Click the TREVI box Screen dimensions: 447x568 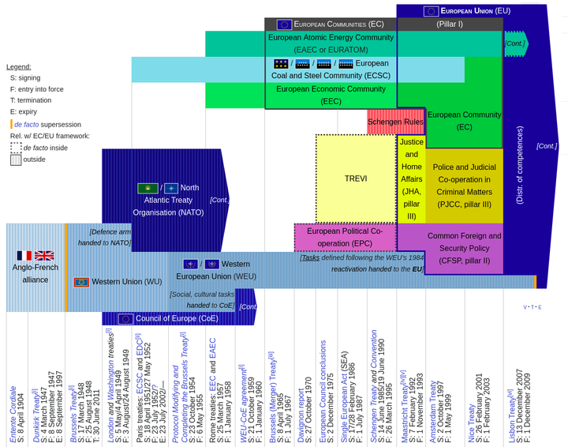(x=355, y=178)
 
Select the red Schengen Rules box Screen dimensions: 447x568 (x=396, y=122)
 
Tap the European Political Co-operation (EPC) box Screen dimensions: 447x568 (x=345, y=237)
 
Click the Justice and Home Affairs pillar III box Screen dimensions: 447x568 (x=410, y=178)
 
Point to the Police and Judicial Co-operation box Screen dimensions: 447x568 (x=465, y=186)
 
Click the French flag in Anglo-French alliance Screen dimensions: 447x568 (x=24, y=256)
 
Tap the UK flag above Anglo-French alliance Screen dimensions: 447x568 (x=44, y=256)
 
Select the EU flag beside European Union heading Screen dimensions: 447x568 (x=431, y=11)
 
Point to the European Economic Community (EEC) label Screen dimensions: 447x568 (x=331, y=95)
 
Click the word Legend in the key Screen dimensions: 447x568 (x=19, y=67)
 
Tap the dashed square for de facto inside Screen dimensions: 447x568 (x=16, y=147)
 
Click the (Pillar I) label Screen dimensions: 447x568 (x=450, y=24)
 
